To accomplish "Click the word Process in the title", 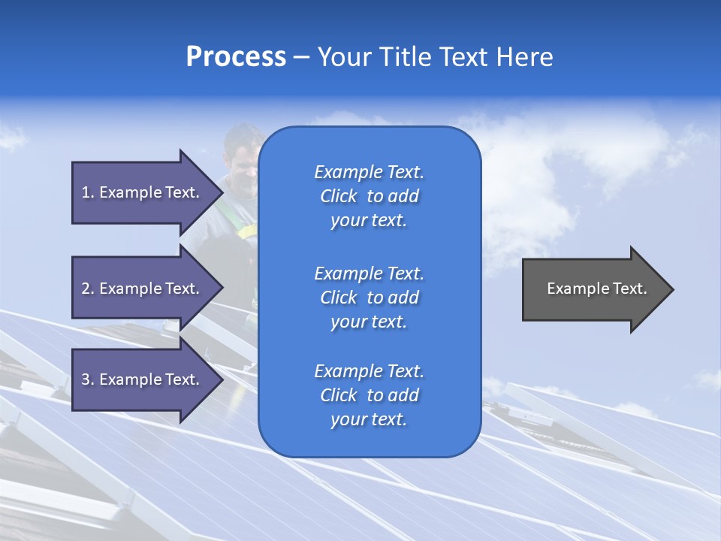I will [x=236, y=57].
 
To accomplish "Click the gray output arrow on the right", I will [x=593, y=289].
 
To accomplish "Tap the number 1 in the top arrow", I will [x=86, y=192].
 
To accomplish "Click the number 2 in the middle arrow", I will [x=86, y=289].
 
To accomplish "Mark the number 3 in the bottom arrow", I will [x=86, y=379].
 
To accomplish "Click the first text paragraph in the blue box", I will [x=369, y=196].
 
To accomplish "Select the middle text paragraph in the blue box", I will [x=369, y=297].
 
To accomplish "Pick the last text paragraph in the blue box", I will [x=369, y=395].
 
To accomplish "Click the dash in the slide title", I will [x=301, y=58].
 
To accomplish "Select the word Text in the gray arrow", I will [x=629, y=289].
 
